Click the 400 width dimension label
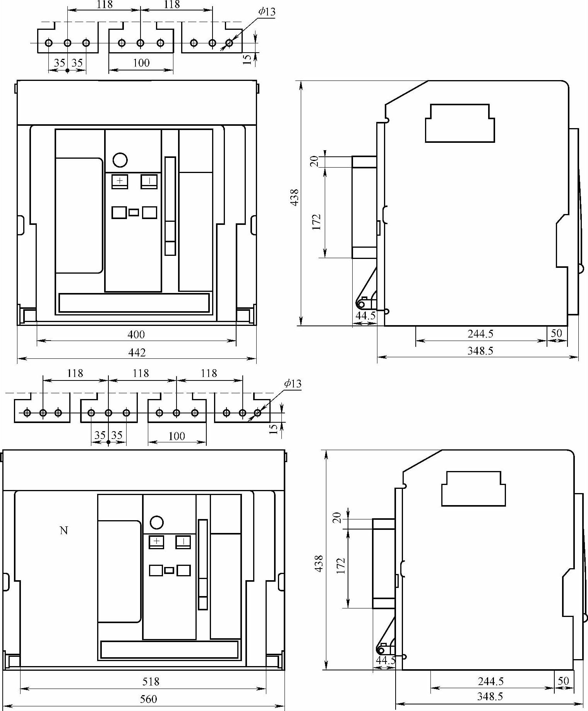coord(136,334)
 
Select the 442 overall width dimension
coord(137,352)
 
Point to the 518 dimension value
coord(151,681)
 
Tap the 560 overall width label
coord(149,699)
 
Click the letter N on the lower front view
coord(64,530)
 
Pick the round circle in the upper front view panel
coord(120,160)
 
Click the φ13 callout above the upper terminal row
coord(267,12)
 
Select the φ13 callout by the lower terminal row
coord(293,384)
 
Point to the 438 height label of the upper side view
coord(295,197)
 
